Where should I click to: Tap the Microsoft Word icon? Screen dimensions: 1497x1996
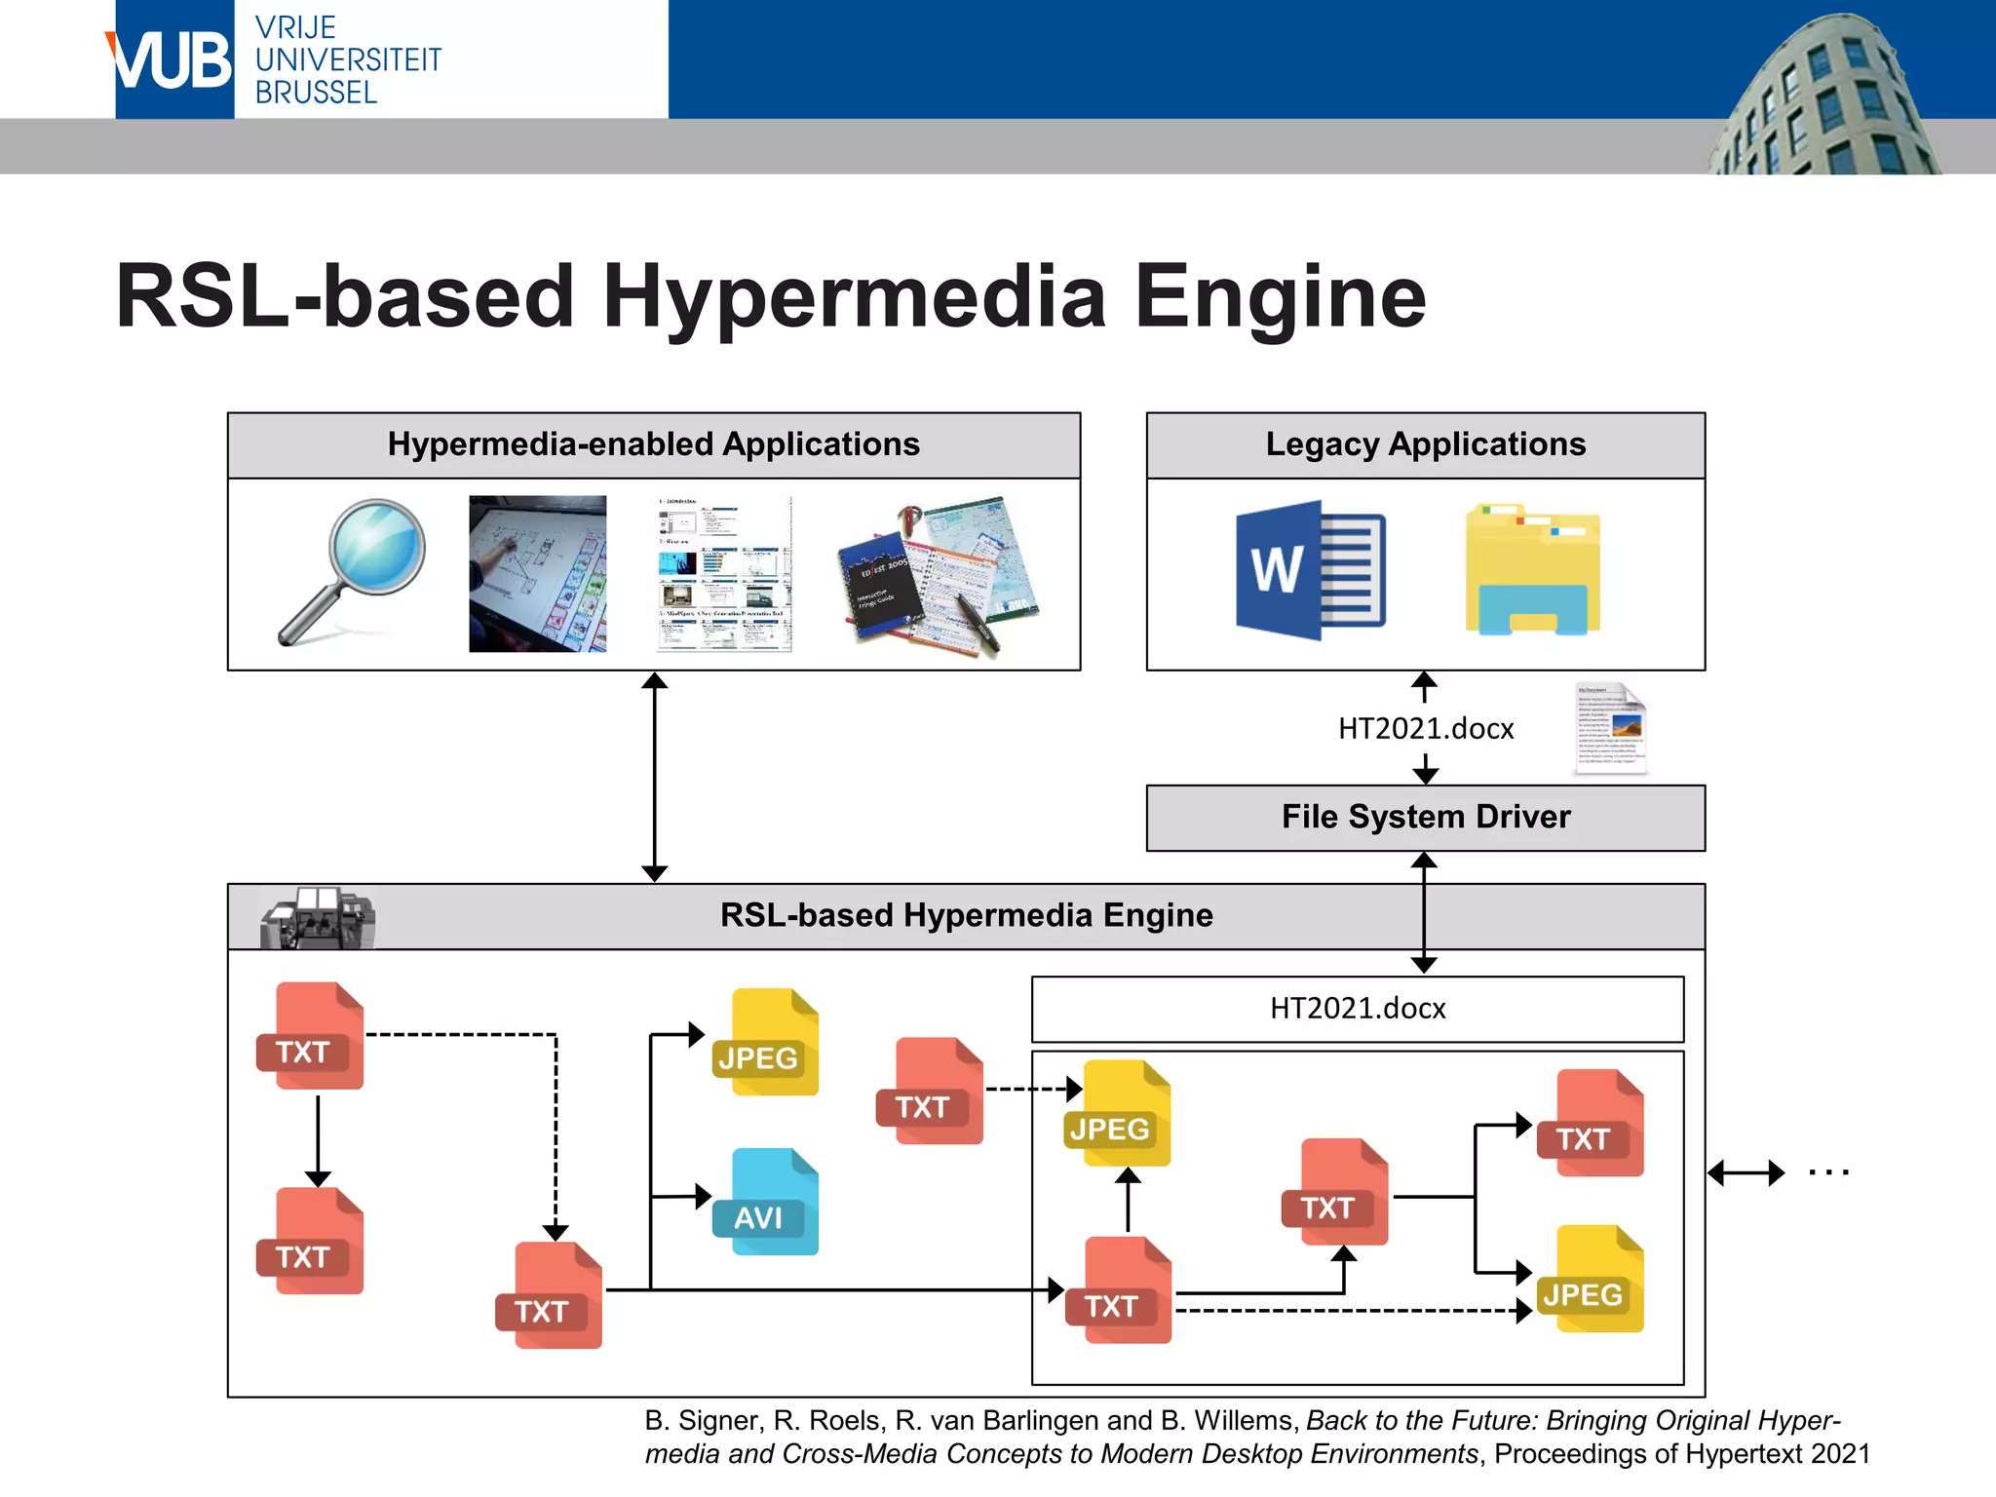(1309, 570)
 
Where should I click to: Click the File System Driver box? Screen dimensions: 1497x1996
(1425, 818)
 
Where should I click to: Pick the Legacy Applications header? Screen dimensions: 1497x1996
(1425, 445)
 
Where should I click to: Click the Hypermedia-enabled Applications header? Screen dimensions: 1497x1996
(653, 445)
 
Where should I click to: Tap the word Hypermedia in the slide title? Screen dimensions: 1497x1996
(854, 296)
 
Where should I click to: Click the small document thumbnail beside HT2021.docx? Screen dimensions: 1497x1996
(1610, 729)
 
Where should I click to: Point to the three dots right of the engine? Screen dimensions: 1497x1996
(1828, 1172)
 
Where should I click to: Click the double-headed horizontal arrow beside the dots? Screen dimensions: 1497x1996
(1746, 1172)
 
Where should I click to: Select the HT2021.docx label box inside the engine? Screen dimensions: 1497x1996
(1357, 1009)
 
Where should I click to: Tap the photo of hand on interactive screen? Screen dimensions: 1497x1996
(537, 573)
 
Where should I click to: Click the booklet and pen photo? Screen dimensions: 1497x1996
(938, 577)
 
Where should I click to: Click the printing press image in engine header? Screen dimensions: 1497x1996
(317, 918)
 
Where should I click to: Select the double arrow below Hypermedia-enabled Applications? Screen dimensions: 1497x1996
(655, 777)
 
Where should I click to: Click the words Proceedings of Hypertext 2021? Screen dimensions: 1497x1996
(1681, 1454)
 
